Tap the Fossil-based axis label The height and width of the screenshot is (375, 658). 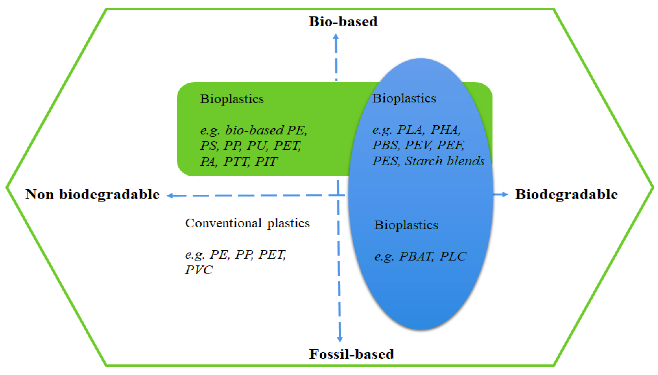(x=351, y=354)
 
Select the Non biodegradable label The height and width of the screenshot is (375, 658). (x=92, y=194)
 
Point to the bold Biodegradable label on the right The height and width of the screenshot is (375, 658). (x=566, y=194)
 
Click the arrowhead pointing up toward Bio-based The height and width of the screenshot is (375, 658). (x=336, y=37)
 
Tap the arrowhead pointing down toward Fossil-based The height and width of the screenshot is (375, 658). (x=340, y=339)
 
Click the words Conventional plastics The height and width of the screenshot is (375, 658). (x=247, y=223)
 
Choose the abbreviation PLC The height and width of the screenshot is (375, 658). (x=453, y=256)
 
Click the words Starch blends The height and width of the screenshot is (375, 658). (x=444, y=161)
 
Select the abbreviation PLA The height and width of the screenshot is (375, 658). (x=410, y=130)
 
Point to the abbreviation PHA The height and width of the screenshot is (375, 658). (x=445, y=130)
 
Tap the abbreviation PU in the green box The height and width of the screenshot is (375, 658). (x=256, y=146)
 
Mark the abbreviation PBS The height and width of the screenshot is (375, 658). (x=385, y=145)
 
